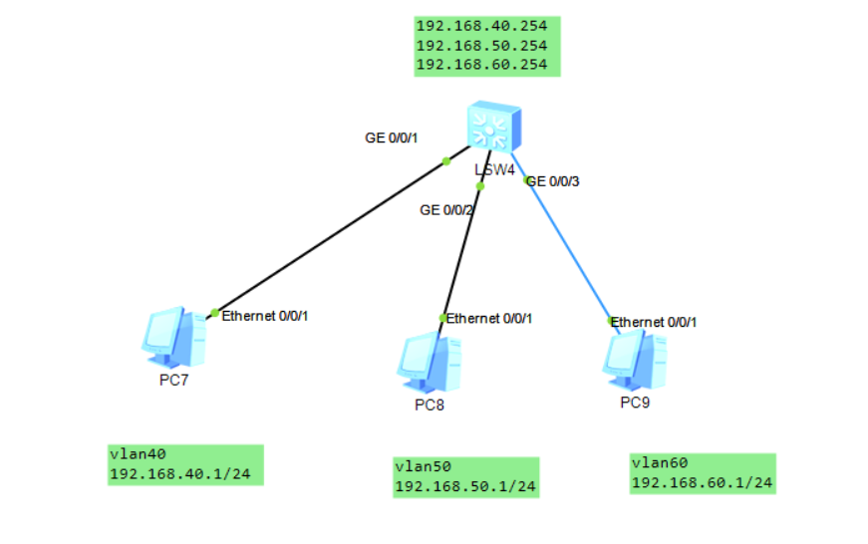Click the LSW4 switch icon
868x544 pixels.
(x=492, y=127)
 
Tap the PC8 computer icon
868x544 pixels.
(x=431, y=363)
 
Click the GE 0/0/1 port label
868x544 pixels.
(x=390, y=137)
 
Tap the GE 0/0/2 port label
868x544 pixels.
(x=445, y=210)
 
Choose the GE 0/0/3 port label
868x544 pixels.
(x=552, y=181)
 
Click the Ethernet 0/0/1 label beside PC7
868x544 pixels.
(x=265, y=316)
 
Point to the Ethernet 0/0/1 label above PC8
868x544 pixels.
(x=489, y=319)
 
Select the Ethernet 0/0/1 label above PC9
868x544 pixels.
(x=653, y=322)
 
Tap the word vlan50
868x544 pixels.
(x=423, y=466)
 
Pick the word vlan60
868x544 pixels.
(x=659, y=463)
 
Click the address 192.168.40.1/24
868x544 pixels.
(x=180, y=473)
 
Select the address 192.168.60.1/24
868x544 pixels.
(x=702, y=483)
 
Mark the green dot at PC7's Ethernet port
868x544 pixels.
(x=214, y=313)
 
